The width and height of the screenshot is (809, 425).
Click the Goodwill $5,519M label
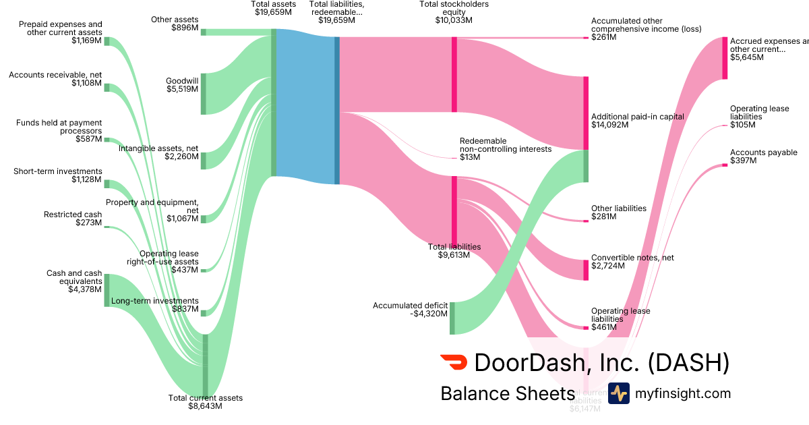182,84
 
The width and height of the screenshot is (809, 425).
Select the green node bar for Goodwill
204,93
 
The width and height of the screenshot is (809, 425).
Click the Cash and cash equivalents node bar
107,290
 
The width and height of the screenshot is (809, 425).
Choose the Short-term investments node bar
107,184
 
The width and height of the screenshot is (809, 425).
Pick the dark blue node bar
337,110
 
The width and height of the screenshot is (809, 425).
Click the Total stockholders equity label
454,12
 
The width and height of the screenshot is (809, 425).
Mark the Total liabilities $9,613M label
454,251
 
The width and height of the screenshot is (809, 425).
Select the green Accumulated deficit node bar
452,318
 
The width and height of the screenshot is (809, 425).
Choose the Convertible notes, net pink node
586,270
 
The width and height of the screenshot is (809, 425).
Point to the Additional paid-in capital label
637,120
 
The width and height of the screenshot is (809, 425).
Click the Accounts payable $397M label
763,157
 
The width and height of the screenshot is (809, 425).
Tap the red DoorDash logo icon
453,362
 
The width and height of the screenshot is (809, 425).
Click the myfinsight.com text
682,393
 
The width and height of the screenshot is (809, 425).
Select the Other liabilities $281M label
618,213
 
